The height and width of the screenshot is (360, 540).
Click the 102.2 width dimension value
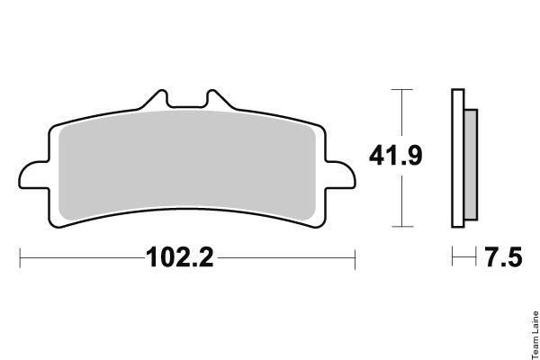pyautogui.click(x=180, y=257)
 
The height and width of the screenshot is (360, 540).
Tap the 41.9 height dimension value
pyautogui.click(x=395, y=156)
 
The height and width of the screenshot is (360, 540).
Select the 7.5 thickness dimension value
pyautogui.click(x=503, y=257)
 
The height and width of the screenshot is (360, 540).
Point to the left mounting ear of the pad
pyautogui.click(x=34, y=175)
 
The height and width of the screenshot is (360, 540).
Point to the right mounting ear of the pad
pyautogui.click(x=340, y=175)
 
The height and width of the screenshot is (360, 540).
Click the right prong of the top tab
pyautogui.click(x=216, y=98)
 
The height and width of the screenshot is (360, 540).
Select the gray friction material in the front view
pyautogui.click(x=187, y=166)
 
